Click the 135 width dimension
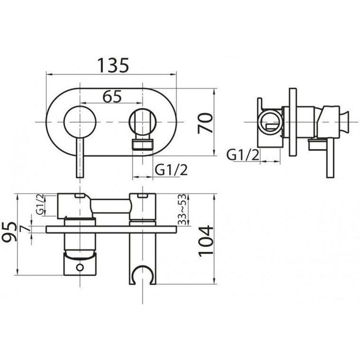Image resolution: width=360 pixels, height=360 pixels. [113, 65]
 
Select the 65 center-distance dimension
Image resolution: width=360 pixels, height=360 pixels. [112, 97]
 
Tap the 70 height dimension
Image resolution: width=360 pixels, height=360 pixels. [205, 123]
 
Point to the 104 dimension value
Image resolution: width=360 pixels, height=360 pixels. [206, 241]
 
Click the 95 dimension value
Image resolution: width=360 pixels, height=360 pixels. [9, 231]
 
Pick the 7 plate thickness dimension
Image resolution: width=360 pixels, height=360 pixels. [25, 229]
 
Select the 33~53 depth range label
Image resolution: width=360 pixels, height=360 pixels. [182, 209]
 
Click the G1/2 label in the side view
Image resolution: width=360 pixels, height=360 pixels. [243, 155]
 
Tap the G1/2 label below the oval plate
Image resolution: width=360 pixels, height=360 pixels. [171, 170]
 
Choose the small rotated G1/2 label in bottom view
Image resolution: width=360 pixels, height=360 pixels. [40, 204]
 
